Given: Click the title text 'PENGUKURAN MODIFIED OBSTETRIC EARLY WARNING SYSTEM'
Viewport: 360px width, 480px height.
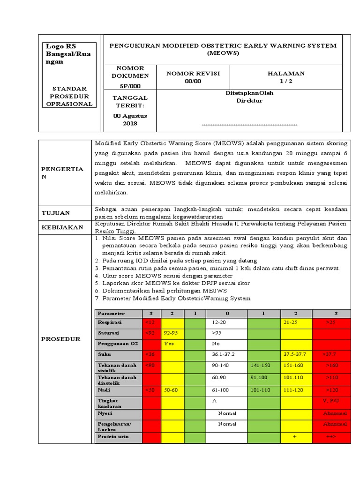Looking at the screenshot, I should pyautogui.click(x=223, y=45).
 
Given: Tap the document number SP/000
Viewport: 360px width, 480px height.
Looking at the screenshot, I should pyautogui.click(x=130, y=86).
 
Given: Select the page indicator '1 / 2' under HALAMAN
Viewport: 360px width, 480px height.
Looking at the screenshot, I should pyautogui.click(x=285, y=81).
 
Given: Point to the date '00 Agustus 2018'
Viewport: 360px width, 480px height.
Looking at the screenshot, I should pyautogui.click(x=130, y=119).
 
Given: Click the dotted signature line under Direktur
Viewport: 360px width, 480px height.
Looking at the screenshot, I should pyautogui.click(x=249, y=125).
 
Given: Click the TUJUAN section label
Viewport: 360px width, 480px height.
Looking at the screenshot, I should pyautogui.click(x=56, y=213).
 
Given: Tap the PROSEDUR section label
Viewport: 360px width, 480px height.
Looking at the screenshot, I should pyautogui.click(x=61, y=339).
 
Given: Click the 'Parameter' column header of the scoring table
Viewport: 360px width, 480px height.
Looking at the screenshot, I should pyautogui.click(x=112, y=313).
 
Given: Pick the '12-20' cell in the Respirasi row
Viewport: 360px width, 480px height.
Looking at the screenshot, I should pyautogui.click(x=219, y=323).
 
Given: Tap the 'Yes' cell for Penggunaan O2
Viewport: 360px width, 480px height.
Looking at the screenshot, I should pyautogui.click(x=169, y=344).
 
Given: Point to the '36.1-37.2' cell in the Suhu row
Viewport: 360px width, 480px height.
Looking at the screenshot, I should pyautogui.click(x=223, y=354).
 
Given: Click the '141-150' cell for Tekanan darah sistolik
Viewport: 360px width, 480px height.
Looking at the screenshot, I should pyautogui.click(x=261, y=365).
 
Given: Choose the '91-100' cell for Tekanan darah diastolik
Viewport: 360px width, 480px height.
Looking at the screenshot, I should pyautogui.click(x=260, y=377).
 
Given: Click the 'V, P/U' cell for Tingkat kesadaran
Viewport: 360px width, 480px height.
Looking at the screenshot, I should pyautogui.click(x=331, y=401).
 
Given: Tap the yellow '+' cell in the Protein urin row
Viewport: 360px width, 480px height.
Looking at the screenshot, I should pyautogui.click(x=295, y=437).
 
